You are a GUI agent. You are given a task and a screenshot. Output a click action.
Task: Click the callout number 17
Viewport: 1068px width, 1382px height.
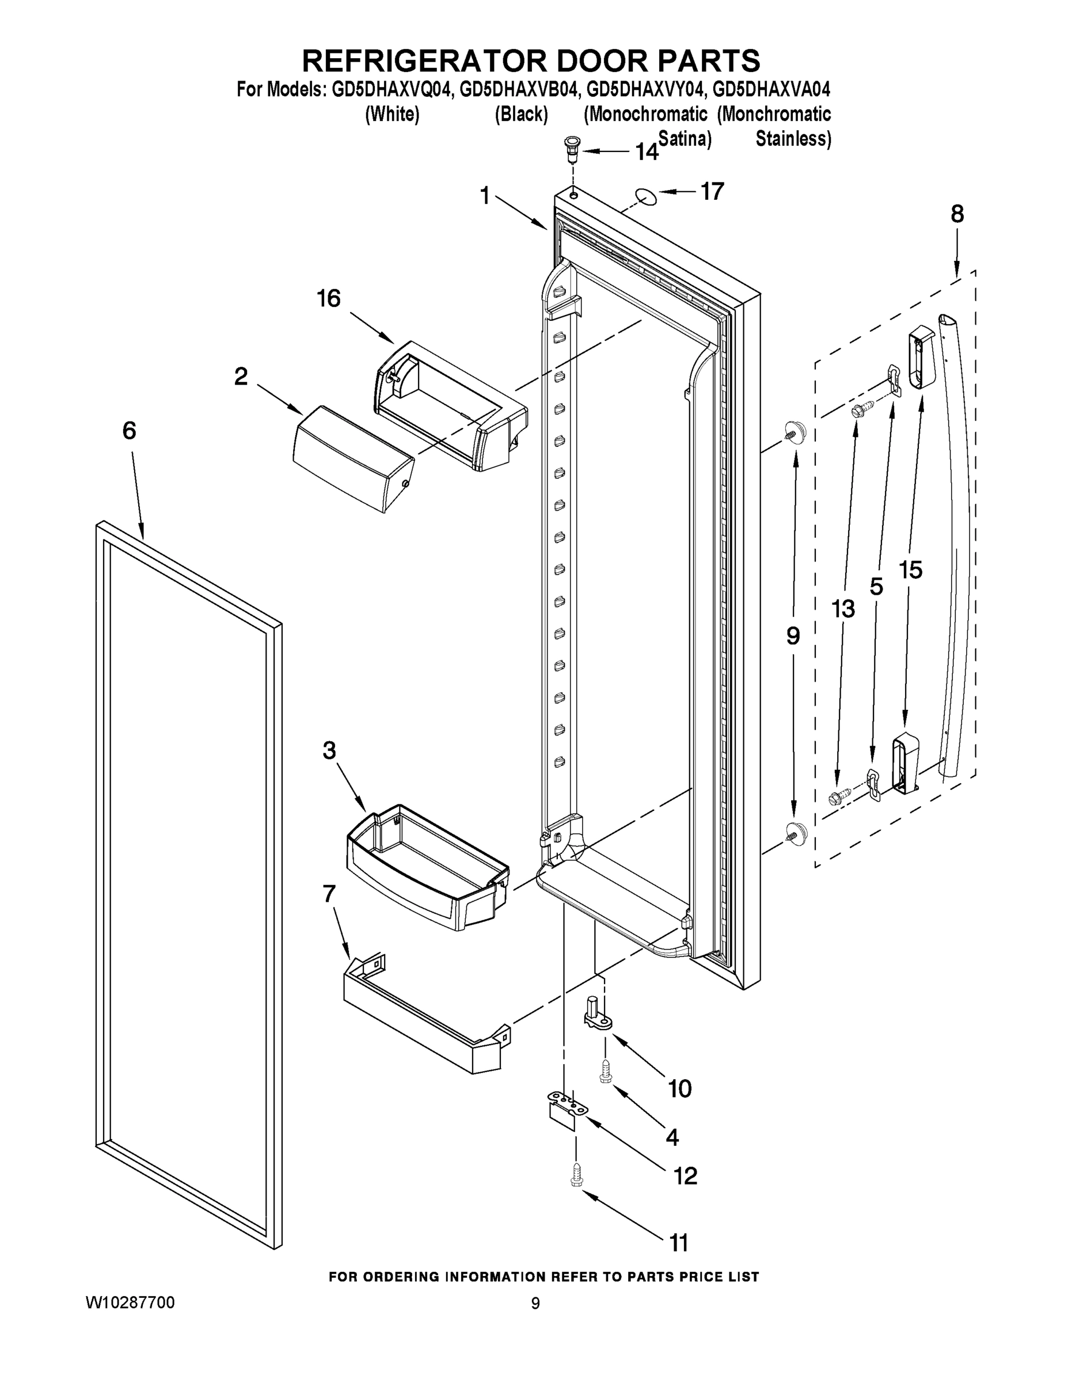click(x=712, y=191)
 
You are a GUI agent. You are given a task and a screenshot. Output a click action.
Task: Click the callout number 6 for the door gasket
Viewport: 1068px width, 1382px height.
click(x=129, y=431)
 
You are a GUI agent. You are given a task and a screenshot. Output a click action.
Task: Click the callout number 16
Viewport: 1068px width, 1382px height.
click(x=328, y=298)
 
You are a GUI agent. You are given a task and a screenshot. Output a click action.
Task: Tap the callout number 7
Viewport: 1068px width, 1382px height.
click(x=329, y=894)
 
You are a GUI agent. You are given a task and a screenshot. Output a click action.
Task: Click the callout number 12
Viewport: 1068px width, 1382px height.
click(x=686, y=1175)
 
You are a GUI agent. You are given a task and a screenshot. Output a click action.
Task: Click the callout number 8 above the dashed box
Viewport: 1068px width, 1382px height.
click(x=957, y=215)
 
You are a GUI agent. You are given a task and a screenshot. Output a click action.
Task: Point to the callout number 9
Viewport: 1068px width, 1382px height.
click(x=793, y=635)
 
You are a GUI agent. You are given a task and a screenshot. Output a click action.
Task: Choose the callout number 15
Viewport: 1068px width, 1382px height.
click(x=910, y=570)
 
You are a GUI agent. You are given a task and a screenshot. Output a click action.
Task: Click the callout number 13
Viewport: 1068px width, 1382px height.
click(x=843, y=609)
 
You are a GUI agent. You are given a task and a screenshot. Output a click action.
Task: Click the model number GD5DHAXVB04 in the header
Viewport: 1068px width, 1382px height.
click(x=519, y=89)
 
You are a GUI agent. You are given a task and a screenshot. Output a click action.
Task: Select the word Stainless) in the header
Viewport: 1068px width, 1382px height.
click(x=793, y=139)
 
